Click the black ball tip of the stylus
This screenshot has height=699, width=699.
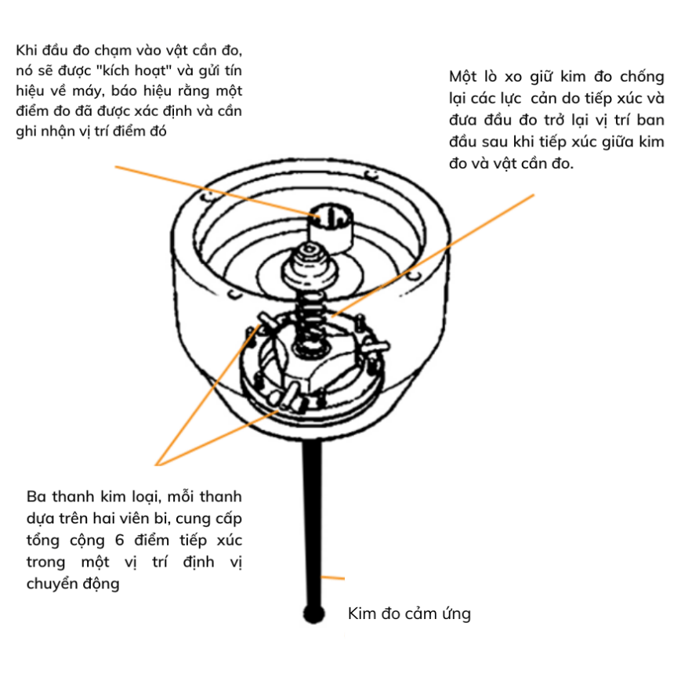click(x=313, y=614)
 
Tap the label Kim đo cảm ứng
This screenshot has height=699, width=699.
click(x=409, y=614)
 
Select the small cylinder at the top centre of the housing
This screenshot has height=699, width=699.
click(x=331, y=227)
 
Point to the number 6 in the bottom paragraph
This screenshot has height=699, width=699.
click(x=119, y=540)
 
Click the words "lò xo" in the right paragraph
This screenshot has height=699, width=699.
click(x=503, y=77)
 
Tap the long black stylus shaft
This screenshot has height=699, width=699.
click(x=313, y=523)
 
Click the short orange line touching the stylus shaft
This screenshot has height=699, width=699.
click(x=333, y=578)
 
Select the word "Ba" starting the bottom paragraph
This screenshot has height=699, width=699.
click(x=36, y=496)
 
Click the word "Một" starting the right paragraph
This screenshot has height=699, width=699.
click(x=463, y=77)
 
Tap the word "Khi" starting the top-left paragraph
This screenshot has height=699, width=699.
click(x=26, y=50)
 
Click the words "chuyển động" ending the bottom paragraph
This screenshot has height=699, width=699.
click(x=73, y=584)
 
